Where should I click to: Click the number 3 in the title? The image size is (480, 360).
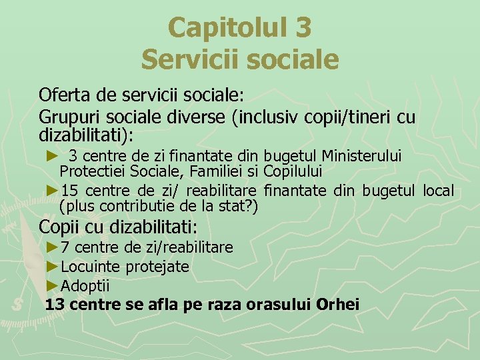301,28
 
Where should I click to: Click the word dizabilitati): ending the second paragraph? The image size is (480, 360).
86,135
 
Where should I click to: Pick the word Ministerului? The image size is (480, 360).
363,156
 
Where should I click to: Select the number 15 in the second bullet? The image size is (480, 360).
69,191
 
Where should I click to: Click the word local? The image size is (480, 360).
439,191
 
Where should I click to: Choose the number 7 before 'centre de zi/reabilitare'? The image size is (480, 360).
65,247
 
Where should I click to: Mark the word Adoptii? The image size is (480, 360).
85,286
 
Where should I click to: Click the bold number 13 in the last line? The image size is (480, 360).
55,305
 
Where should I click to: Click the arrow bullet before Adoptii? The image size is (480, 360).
53,286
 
